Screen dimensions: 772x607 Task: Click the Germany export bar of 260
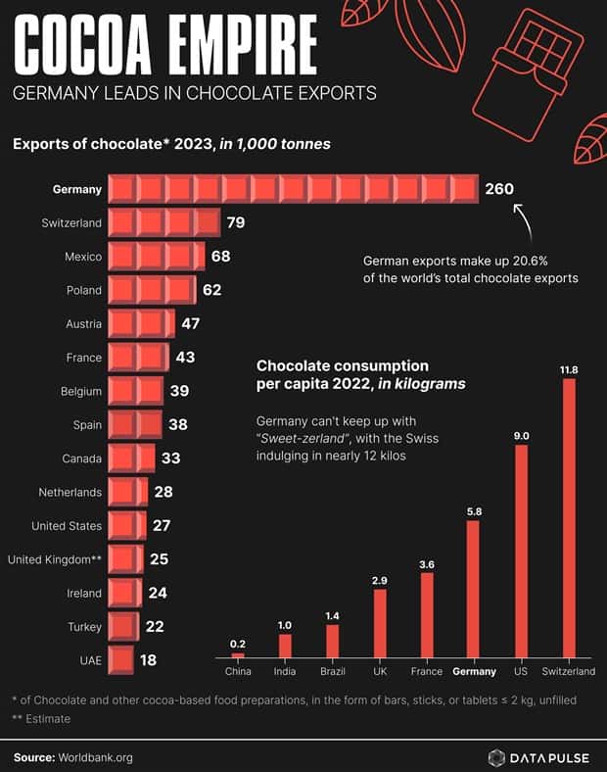click(x=292, y=189)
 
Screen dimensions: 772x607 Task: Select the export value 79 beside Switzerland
click(x=235, y=223)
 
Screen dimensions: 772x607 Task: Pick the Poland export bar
click(x=152, y=290)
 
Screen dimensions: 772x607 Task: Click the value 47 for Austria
click(x=191, y=324)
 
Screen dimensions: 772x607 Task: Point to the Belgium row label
click(x=80, y=391)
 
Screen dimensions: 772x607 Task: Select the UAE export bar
click(x=120, y=660)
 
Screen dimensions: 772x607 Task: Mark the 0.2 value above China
click(x=238, y=643)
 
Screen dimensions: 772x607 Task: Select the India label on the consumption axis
click(x=285, y=672)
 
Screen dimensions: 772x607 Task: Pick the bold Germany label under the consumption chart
click(x=473, y=672)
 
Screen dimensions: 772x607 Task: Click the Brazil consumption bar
click(x=332, y=641)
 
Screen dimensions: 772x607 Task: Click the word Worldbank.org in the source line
click(x=95, y=756)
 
